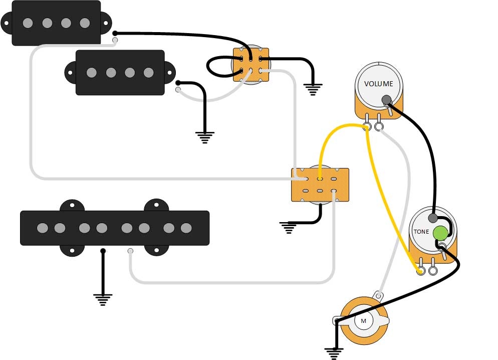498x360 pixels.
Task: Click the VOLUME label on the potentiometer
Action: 378,84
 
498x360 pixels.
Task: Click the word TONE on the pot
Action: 421,232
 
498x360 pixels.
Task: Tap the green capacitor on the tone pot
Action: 441,233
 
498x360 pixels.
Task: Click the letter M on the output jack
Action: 363,321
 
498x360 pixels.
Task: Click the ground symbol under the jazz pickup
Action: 103,300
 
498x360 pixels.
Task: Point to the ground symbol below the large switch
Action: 289,228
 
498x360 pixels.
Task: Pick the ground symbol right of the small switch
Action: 313,89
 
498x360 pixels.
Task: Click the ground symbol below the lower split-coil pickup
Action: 205,137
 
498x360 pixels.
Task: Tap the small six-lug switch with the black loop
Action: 251,65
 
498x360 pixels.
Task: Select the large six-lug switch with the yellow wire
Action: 320,185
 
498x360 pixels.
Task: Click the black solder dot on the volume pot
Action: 386,100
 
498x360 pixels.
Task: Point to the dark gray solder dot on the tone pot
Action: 432,218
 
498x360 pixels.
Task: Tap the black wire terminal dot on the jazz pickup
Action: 103,251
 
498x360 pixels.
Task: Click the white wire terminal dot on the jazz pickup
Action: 130,251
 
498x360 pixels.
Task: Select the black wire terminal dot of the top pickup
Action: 115,33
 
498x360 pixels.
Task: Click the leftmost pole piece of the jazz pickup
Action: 42,228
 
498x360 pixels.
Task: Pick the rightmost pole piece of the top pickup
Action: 85,23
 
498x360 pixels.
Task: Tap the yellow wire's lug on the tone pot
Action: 421,270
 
